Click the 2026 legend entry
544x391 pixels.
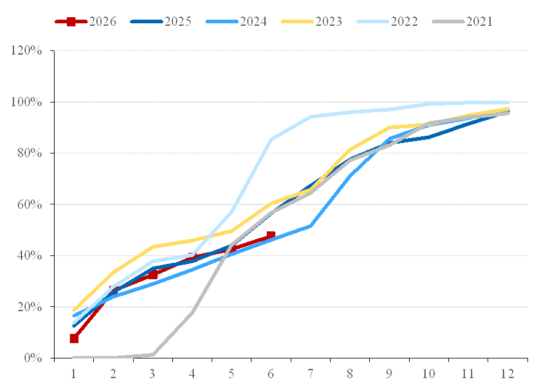point(85,21)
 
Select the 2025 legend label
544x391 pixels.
point(178,21)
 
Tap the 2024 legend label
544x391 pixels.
point(253,21)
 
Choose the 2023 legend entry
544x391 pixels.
point(312,21)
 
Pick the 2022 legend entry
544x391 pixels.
point(387,21)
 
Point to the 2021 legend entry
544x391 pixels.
point(462,21)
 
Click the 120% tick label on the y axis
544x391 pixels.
point(26,51)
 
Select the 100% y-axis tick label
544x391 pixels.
point(26,102)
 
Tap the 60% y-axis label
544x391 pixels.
point(30,204)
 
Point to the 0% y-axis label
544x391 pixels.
point(33,358)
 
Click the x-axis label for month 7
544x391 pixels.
point(310,374)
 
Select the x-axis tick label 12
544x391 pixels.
point(507,374)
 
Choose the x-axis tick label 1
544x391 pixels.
point(74,374)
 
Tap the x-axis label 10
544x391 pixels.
point(429,374)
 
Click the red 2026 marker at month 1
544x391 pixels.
point(74,339)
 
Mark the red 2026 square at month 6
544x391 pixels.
point(271,236)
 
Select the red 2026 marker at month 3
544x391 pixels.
point(153,274)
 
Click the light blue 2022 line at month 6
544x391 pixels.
point(271,139)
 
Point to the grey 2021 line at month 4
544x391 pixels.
point(192,312)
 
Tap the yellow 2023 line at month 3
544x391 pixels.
point(153,247)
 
